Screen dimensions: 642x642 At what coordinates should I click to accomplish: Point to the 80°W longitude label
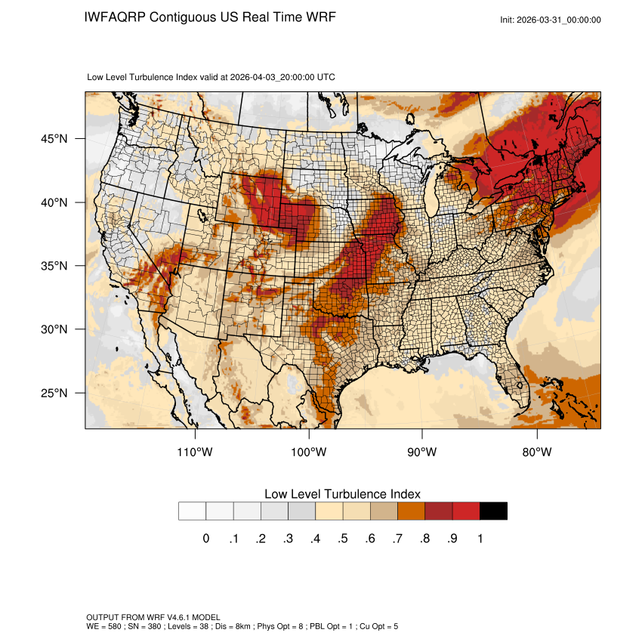(537, 452)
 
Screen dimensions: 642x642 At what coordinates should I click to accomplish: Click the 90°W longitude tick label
(423, 452)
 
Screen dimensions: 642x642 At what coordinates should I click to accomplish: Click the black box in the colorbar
(493, 511)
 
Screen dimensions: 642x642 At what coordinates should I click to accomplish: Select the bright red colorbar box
(466, 511)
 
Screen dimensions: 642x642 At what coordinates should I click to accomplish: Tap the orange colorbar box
(411, 511)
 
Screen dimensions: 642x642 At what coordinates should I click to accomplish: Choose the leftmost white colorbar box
(193, 511)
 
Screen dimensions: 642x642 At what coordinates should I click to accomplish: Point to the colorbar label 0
(205, 539)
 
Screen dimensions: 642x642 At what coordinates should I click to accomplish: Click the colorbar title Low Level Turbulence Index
(342, 494)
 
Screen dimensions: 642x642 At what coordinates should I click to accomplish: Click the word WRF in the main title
(319, 17)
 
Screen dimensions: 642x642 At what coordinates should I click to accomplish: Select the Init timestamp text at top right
(551, 20)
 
